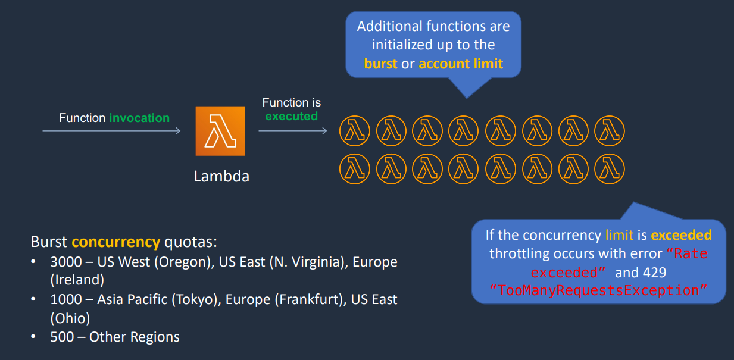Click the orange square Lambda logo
tap(220, 131)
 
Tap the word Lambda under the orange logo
tap(221, 176)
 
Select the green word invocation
tap(139, 118)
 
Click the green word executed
tap(291, 116)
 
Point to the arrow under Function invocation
tap(111, 131)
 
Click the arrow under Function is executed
tap(293, 131)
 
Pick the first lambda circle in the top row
tap(355, 131)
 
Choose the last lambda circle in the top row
tap(610, 131)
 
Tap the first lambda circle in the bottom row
tap(355, 169)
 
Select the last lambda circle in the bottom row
tap(610, 169)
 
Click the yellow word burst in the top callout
tap(380, 64)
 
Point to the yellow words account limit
tap(461, 64)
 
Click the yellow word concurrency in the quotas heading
tap(116, 242)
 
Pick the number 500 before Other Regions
tap(62, 337)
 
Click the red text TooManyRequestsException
tap(598, 290)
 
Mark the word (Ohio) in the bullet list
tap(70, 318)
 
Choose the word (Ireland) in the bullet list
tap(77, 280)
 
